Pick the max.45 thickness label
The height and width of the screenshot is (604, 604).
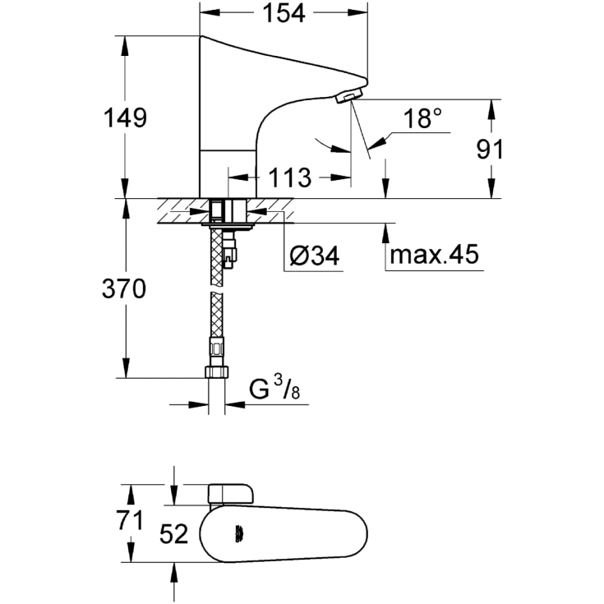pyautogui.click(x=434, y=256)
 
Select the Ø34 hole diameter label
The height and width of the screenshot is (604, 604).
pyautogui.click(x=315, y=256)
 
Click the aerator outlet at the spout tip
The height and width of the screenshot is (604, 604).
pyautogui.click(x=348, y=96)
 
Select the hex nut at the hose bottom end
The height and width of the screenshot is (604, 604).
pyautogui.click(x=216, y=371)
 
